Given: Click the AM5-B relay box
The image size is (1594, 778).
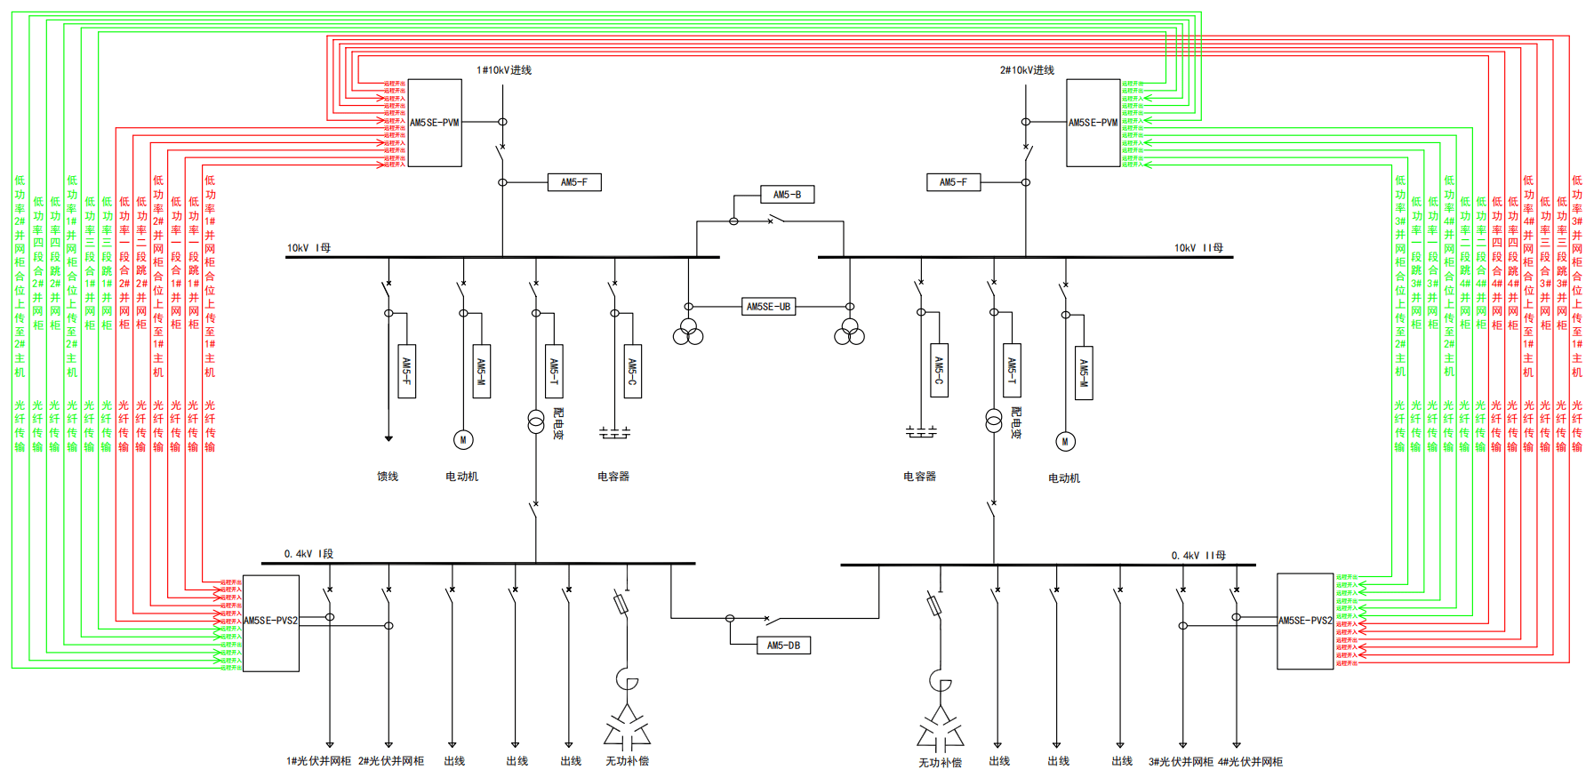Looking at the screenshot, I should [787, 195].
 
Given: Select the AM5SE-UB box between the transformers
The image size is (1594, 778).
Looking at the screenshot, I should [768, 307].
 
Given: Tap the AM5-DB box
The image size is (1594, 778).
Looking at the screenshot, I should [783, 646].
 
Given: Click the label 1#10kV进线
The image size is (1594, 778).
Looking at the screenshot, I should [504, 70].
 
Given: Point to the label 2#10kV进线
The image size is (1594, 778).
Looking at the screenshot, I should [1027, 70].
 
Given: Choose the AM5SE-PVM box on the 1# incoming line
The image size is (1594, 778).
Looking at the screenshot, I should [435, 123].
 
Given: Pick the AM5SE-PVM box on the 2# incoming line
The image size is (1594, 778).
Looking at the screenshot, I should [1093, 123].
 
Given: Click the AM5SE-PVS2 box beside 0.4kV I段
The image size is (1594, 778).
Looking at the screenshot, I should [270, 622].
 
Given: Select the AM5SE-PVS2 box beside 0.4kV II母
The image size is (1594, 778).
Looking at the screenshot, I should [1304, 622].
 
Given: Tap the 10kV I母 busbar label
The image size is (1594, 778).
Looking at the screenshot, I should [308, 248].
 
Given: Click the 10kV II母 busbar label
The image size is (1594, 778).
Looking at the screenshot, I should [1198, 248].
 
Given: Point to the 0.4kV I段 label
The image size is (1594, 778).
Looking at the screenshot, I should [308, 554].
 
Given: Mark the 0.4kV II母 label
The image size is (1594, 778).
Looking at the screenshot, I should [1198, 556].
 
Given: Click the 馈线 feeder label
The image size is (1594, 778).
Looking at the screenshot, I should [388, 477].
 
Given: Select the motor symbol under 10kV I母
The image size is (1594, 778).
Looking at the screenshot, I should [463, 439].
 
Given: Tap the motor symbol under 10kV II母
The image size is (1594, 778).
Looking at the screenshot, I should [1065, 441].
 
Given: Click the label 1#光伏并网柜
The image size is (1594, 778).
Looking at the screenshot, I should [318, 761].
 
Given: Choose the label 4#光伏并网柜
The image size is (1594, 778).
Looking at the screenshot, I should [1250, 762].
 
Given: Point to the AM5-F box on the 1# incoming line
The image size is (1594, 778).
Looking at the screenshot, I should [574, 182].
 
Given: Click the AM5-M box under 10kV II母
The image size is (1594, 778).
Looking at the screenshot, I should [1084, 373].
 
